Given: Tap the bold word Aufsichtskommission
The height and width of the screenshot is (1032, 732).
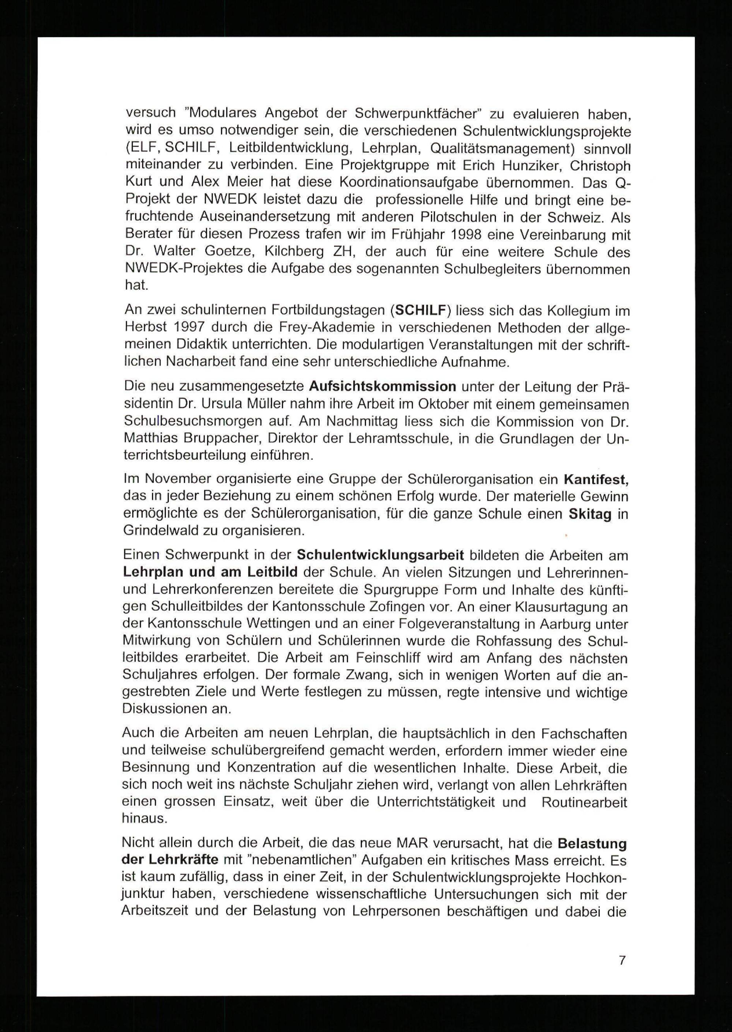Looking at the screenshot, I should tap(383, 386).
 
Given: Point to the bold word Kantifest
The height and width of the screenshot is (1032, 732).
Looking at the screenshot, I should tap(596, 479).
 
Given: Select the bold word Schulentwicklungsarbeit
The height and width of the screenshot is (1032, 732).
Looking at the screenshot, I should tap(380, 555).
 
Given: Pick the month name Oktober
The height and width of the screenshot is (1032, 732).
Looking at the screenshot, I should tap(402, 404).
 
